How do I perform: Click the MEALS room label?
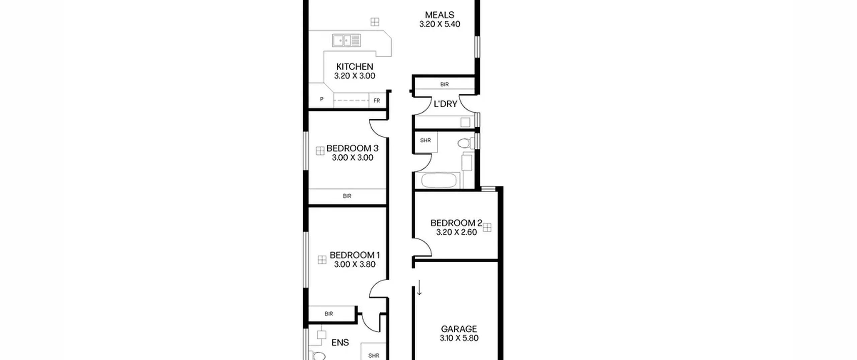(440, 15)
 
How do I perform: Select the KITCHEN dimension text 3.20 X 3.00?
(355, 76)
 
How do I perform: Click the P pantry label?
(322, 99)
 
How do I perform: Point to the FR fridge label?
(377, 100)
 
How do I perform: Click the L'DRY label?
(445, 104)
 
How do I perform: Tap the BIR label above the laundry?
(444, 84)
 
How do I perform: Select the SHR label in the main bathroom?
(425, 140)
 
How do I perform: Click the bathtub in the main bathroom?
(439, 180)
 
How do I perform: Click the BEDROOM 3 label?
(352, 148)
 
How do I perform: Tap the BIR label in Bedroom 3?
(347, 196)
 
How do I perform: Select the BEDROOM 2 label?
(456, 223)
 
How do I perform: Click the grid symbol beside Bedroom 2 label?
(487, 228)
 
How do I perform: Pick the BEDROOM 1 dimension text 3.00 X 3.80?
(355, 264)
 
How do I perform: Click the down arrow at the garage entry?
(419, 288)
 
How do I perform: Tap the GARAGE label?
(459, 329)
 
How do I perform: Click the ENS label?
(340, 343)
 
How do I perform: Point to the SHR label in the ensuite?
(374, 356)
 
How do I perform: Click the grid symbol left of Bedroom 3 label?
(320, 151)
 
